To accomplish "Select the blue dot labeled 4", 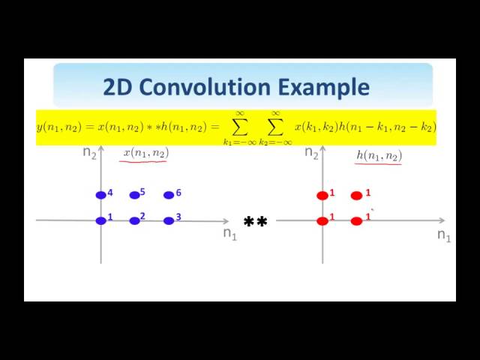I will [x=101, y=195].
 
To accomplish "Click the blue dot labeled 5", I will [x=135, y=195].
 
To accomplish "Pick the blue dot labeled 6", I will [x=169, y=195].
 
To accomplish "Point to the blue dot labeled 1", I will [x=101, y=220].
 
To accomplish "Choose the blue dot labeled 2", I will [x=135, y=220].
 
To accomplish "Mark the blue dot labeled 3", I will [x=169, y=220].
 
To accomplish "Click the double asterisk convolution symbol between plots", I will [x=256, y=223].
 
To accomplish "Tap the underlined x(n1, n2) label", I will [x=145, y=153].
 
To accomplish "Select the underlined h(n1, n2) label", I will [x=379, y=155].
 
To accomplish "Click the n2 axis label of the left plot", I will [x=90, y=153].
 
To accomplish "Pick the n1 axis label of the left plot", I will [x=229, y=233].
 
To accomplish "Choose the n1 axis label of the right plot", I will [x=444, y=235].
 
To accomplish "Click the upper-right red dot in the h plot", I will [x=356, y=196].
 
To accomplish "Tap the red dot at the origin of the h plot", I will [x=322, y=220].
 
